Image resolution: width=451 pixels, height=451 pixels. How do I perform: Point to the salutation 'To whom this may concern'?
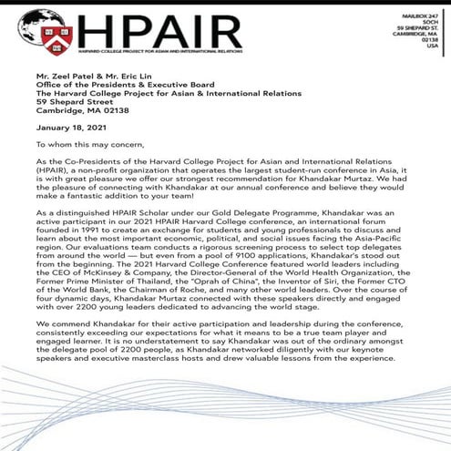[87, 144]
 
